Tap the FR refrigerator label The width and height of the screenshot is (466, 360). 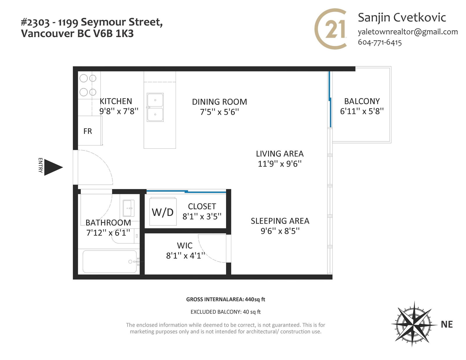pyautogui.click(x=87, y=131)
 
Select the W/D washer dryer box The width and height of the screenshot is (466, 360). pyautogui.click(x=163, y=212)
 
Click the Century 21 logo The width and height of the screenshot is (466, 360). pyautogui.click(x=331, y=29)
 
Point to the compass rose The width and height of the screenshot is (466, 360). pyautogui.click(x=414, y=324)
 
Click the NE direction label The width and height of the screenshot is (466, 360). pyautogui.click(x=447, y=324)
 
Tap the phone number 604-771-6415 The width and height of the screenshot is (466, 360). pyautogui.click(x=380, y=42)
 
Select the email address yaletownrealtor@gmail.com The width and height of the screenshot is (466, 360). pyautogui.click(x=408, y=32)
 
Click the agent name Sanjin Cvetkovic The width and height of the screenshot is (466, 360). pyautogui.click(x=402, y=17)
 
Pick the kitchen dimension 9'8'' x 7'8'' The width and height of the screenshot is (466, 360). pyautogui.click(x=119, y=111)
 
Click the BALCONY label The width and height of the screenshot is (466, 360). pyautogui.click(x=362, y=101)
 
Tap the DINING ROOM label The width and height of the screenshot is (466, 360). pyautogui.click(x=219, y=102)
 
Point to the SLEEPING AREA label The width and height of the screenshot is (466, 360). pyautogui.click(x=280, y=221)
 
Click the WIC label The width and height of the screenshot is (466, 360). pyautogui.click(x=185, y=246)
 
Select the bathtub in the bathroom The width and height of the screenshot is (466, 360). pyautogui.click(x=110, y=261)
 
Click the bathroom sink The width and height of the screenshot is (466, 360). pyautogui.click(x=128, y=208)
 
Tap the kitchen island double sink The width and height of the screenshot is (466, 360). pyautogui.click(x=155, y=107)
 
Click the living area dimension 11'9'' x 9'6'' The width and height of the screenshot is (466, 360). pyautogui.click(x=280, y=164)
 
